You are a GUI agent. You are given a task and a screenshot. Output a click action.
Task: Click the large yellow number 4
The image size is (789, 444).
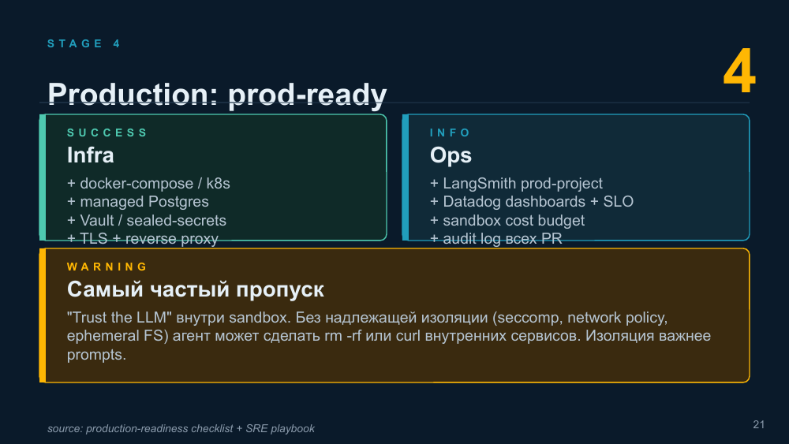[739, 71]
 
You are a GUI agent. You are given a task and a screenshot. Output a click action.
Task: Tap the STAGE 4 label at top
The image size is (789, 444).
[84, 43]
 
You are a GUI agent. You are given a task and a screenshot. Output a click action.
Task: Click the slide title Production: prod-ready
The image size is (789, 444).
[218, 94]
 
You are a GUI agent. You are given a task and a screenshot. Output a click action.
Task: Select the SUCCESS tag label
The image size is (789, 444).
[107, 132]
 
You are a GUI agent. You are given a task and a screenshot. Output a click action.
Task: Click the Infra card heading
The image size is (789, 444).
[91, 155]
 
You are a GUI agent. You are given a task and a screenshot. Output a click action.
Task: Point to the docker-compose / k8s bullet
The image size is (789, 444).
[148, 184]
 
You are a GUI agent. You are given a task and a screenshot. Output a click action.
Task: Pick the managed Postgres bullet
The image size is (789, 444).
[138, 202]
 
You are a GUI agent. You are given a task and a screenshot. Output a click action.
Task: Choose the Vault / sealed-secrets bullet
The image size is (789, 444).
[147, 220]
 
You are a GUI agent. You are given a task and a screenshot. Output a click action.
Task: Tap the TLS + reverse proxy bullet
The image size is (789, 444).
[142, 238]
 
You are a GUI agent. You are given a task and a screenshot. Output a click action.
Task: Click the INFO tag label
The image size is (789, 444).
[450, 132]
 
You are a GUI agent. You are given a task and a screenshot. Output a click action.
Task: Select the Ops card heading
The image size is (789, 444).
[451, 155]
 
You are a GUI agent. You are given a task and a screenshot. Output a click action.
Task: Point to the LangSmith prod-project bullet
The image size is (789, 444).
[516, 184]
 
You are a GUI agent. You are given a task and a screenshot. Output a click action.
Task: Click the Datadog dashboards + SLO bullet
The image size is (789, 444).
[531, 202]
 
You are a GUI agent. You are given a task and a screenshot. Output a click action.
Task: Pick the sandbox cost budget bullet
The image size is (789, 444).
[507, 220]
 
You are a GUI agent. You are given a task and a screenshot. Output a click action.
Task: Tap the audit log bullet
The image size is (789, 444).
[495, 238]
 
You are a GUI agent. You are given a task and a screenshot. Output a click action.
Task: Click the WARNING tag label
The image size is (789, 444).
[107, 267]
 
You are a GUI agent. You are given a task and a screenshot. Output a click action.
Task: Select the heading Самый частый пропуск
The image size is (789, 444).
[195, 289]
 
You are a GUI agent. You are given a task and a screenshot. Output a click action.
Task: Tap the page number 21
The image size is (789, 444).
[759, 424]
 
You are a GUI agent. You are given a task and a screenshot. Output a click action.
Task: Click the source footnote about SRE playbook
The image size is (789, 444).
[181, 428]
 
